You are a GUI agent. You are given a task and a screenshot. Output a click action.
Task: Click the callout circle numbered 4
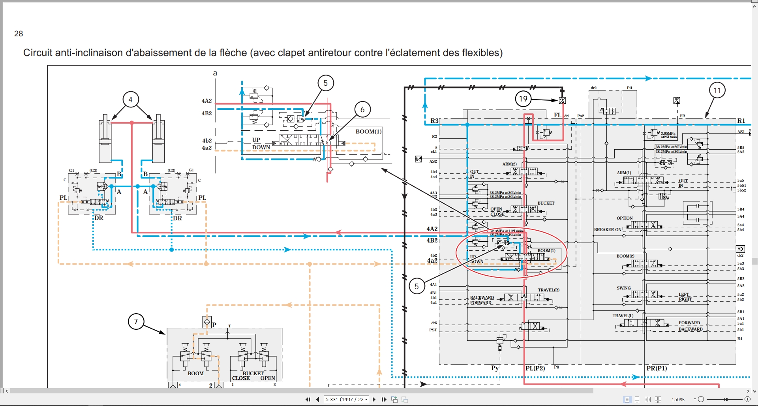coord(130,100)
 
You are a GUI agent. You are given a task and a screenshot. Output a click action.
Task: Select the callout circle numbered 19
coord(523,99)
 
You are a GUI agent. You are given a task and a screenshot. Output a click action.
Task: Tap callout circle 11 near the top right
coord(717,90)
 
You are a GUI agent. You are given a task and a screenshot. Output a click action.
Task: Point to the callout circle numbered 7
coord(136,321)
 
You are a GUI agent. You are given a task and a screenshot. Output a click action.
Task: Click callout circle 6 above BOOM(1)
coord(362,109)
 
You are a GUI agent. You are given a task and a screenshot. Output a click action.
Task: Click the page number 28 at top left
coord(19,34)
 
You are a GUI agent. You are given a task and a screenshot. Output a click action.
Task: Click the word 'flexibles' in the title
coord(480,53)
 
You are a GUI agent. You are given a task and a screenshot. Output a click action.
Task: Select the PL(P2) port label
coord(535,368)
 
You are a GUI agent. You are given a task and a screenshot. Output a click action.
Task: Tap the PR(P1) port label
coord(657,368)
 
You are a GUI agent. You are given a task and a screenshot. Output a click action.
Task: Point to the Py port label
coord(495,368)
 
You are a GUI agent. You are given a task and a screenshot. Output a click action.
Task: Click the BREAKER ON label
coord(608,229)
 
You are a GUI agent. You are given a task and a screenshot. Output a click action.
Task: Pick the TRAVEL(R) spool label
coord(548,290)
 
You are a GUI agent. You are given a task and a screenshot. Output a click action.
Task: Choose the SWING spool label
coord(623,288)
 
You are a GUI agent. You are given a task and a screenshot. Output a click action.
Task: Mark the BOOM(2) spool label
coord(625,256)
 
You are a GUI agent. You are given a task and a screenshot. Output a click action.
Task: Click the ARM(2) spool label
coord(509,164)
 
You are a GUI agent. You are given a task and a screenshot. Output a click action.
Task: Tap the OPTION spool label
coord(625,218)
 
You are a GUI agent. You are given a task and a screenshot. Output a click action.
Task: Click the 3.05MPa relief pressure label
coord(668,133)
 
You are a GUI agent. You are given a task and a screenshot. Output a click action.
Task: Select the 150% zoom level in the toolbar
coord(678,400)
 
